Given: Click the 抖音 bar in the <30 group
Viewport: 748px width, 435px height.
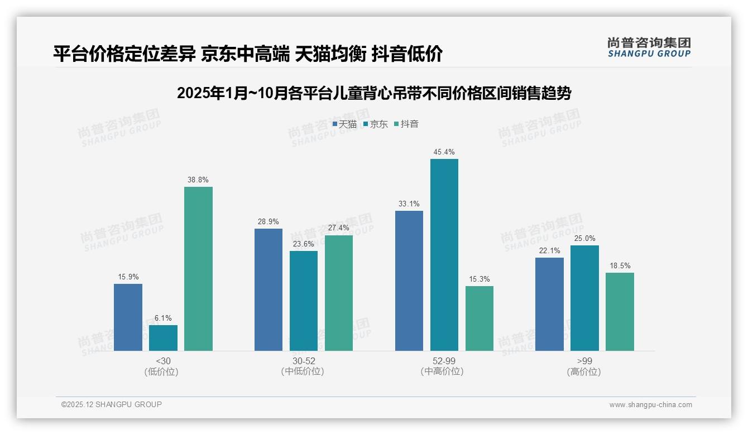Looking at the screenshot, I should pyautogui.click(x=198, y=269).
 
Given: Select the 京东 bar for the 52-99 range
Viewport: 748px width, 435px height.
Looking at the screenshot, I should pyautogui.click(x=444, y=255).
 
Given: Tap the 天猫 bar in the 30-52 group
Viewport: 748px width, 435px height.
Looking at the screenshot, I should pyautogui.click(x=268, y=289).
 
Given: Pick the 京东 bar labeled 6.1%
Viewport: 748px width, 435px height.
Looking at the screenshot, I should pyautogui.click(x=163, y=338).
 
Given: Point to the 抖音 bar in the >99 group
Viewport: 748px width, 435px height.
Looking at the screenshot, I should pyautogui.click(x=620, y=312).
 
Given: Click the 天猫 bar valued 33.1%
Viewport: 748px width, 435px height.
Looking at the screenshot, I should pyautogui.click(x=409, y=281).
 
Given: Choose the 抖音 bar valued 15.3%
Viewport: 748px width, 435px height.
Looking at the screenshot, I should pyautogui.click(x=479, y=318).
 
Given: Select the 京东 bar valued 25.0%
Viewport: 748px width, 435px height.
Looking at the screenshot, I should pyautogui.click(x=584, y=298).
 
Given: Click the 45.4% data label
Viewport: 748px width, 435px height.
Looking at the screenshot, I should pyautogui.click(x=444, y=152).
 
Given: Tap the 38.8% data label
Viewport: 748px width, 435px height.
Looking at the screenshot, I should pyautogui.click(x=198, y=180).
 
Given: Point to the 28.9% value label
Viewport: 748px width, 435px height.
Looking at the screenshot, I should pyautogui.click(x=268, y=221).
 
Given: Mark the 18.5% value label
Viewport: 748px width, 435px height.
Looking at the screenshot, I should pyautogui.click(x=620, y=265).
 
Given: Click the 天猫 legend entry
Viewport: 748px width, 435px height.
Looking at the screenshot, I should pyautogui.click(x=344, y=124).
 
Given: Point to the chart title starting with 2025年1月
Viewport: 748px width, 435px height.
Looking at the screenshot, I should pyautogui.click(x=374, y=93).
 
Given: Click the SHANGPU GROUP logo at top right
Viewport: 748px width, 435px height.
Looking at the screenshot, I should pyautogui.click(x=649, y=47).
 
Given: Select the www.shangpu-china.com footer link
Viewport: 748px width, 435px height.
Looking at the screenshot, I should pyautogui.click(x=650, y=404).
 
